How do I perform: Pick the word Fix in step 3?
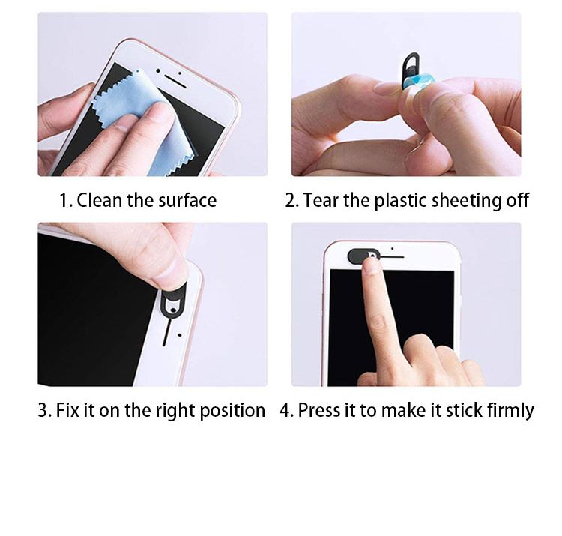tap(67, 410)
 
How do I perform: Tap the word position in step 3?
tap(232, 411)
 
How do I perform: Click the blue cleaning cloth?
tap(142, 118)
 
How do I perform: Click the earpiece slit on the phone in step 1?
tap(175, 82)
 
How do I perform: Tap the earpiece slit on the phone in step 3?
tap(166, 332)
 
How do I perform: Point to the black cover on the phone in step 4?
tap(360, 256)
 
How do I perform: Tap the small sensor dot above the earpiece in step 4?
tap(393, 248)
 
